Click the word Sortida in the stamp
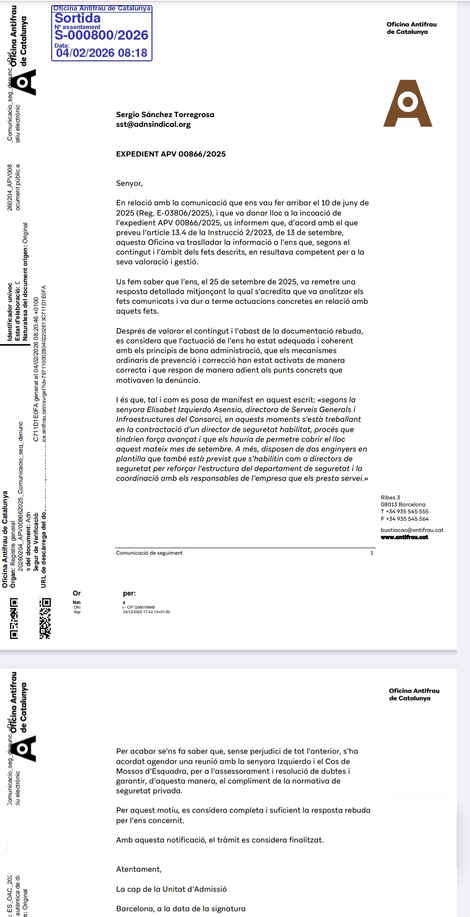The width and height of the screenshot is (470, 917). tap(78, 18)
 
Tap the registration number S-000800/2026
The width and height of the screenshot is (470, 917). tap(101, 35)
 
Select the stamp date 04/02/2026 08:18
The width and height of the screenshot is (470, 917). tap(101, 53)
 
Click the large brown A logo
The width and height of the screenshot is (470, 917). tap(408, 104)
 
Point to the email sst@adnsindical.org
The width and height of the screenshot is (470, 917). tap(153, 124)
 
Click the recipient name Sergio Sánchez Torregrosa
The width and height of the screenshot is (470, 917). tap(165, 115)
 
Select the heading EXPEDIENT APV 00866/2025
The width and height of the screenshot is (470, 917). tap(171, 154)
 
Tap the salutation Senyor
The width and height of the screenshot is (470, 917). tap(129, 183)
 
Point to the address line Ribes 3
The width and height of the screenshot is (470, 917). tap(390, 498)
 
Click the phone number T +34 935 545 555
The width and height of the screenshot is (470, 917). tap(404, 511)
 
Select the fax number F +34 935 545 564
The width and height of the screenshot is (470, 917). tap(404, 519)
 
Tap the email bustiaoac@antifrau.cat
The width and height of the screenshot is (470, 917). tap(412, 530)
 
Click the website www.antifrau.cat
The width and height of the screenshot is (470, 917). tap(404, 537)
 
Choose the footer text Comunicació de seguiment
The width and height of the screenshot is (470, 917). tap(149, 553)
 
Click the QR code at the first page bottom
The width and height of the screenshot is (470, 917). tap(45, 618)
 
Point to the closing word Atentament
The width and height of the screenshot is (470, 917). tap(139, 869)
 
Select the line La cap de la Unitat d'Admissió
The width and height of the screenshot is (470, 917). tap(171, 889)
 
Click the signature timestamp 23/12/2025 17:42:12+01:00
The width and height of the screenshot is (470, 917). tap(146, 612)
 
